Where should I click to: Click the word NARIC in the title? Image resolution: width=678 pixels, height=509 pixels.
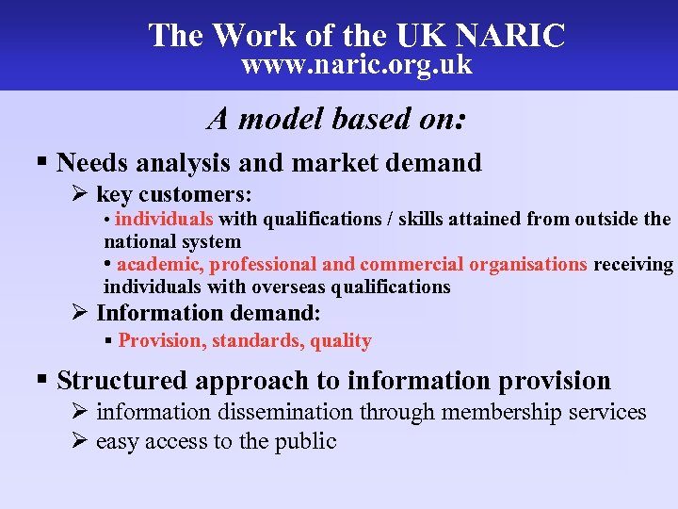pos(510,36)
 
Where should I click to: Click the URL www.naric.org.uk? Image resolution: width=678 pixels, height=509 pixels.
pos(357,65)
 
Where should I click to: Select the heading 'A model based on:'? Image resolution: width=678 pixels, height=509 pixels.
pos(338,119)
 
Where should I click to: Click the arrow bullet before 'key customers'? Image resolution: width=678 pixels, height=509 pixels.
pos(79,194)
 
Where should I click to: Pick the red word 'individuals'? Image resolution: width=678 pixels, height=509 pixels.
pos(164,220)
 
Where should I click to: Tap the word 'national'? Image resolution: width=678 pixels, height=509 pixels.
pos(138,241)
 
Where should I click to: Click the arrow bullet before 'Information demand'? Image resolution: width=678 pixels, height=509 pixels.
pos(79,312)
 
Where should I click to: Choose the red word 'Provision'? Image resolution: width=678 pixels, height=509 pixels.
pos(160,340)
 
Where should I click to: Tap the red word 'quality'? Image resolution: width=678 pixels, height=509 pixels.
pos(340,340)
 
